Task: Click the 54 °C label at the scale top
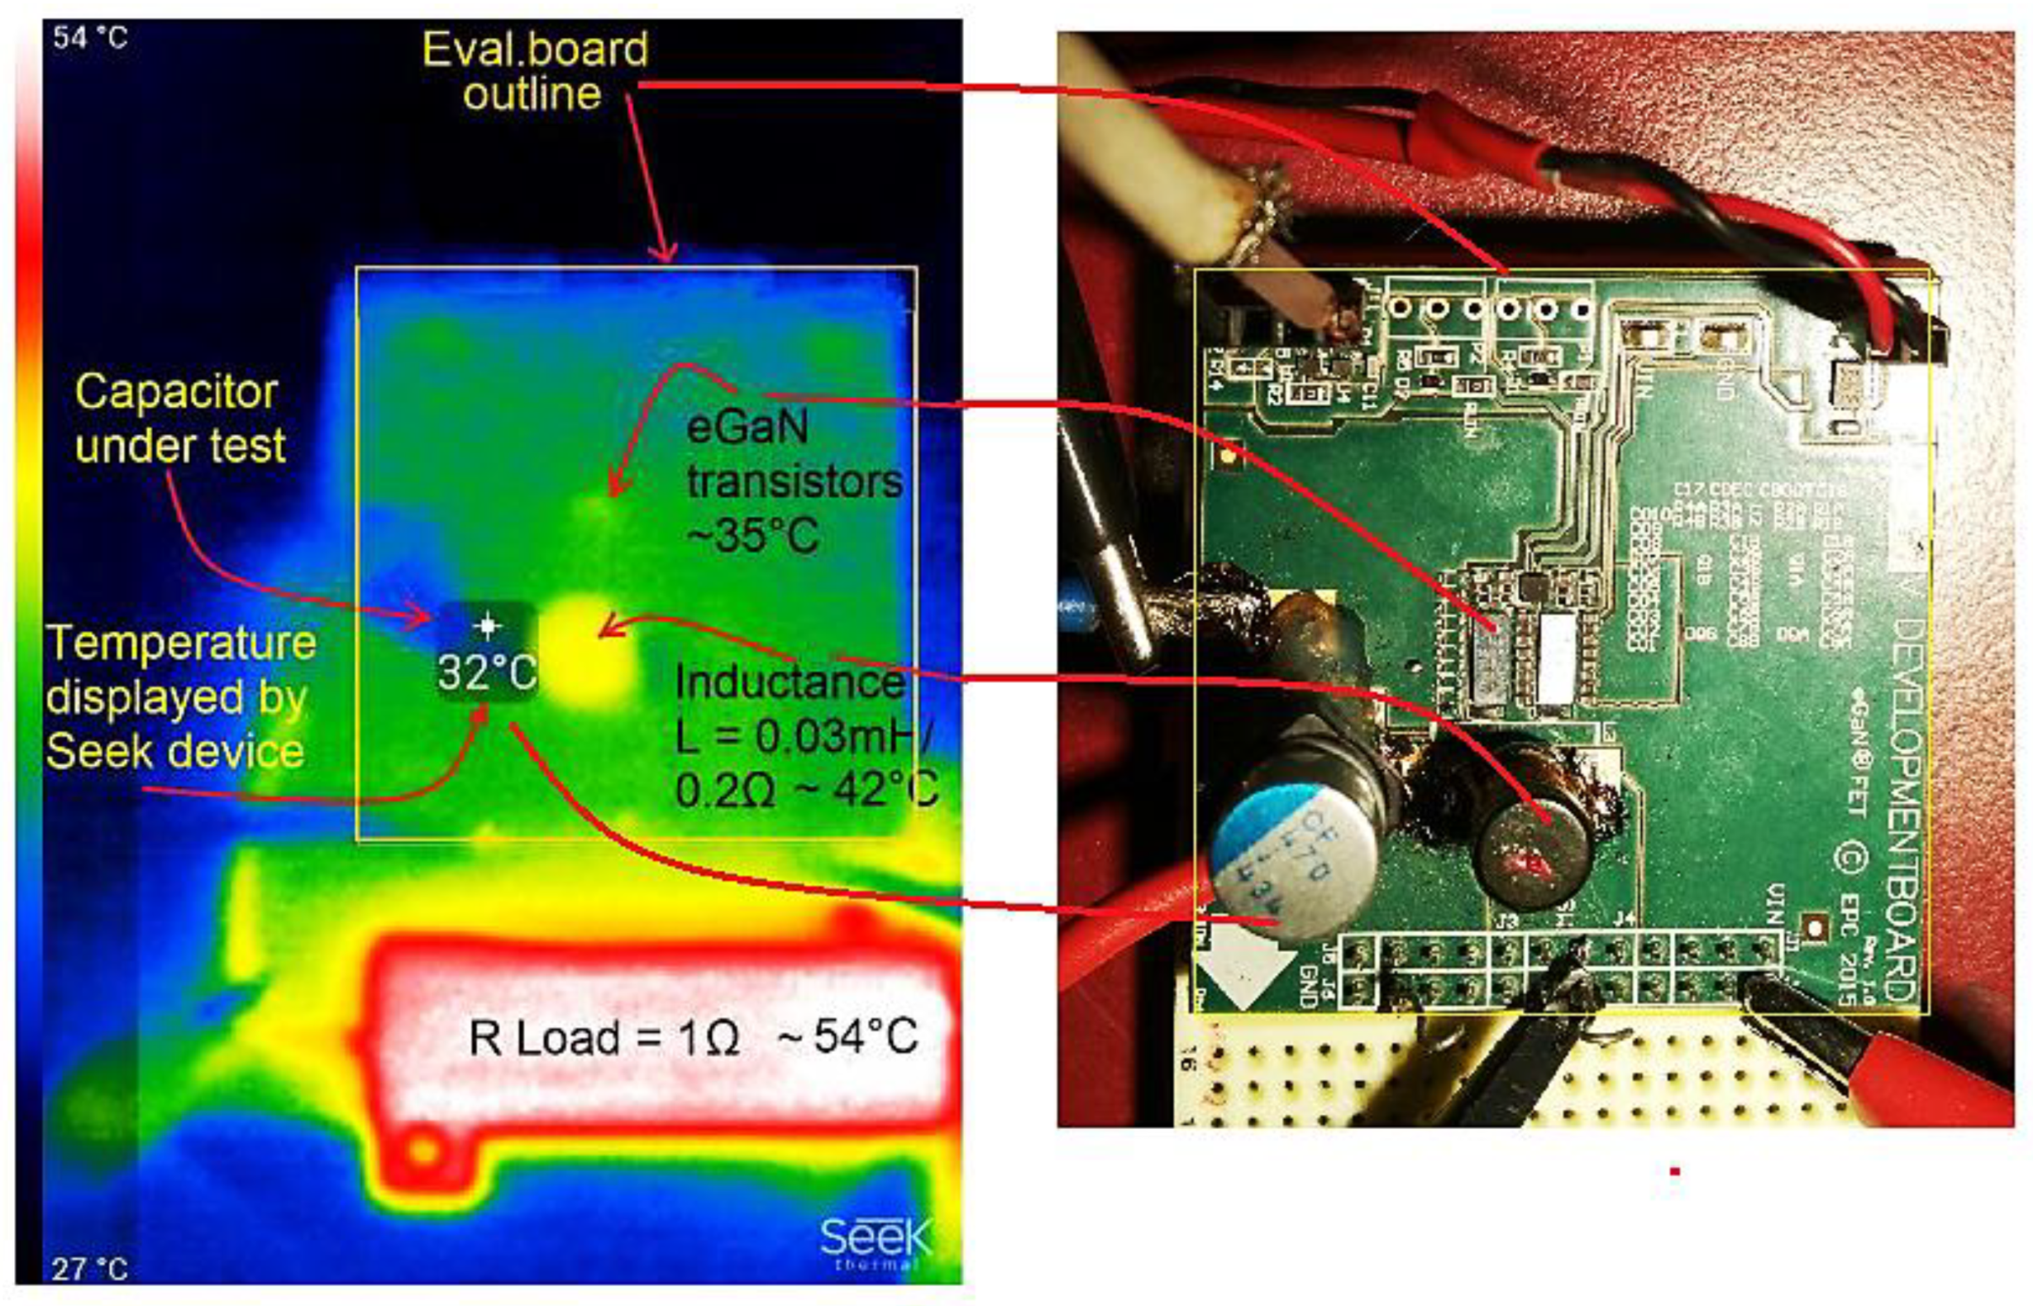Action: (x=90, y=38)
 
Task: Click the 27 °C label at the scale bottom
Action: (x=89, y=1269)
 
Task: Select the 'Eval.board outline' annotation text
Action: (x=535, y=72)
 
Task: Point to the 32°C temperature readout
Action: (x=487, y=672)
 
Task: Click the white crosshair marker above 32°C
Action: (x=487, y=627)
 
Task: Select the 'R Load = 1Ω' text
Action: (x=603, y=1037)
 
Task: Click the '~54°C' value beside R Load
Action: (x=848, y=1036)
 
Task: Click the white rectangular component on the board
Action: (x=1556, y=657)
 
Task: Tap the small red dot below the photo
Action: (x=1674, y=1171)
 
